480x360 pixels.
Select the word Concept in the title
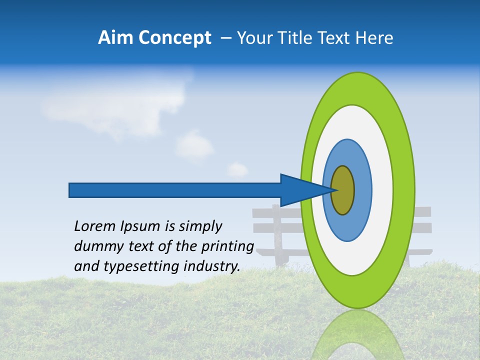tap(174, 38)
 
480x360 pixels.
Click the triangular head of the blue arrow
tap(300, 190)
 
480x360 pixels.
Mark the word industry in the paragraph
tap(212, 266)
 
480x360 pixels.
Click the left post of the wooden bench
tap(276, 235)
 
